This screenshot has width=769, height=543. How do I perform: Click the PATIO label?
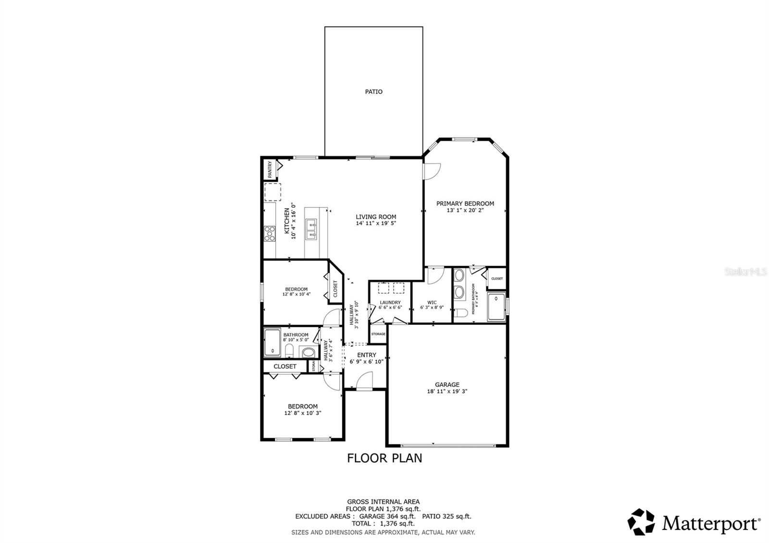373,91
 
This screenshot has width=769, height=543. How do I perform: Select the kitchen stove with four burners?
270,233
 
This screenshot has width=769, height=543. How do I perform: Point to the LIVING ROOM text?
376,217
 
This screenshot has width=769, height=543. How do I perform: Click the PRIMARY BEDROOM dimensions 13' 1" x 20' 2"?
465,210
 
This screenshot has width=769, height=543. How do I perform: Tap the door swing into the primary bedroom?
432,171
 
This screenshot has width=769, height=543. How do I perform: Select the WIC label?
432,303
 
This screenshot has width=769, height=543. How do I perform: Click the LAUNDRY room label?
390,303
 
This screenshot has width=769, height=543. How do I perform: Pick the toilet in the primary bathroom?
461,314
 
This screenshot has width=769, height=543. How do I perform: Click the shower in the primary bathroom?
496,307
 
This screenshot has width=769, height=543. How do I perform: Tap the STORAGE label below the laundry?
378,334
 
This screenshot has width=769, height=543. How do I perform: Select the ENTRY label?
367,355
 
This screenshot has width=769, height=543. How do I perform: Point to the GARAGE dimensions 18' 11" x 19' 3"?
447,391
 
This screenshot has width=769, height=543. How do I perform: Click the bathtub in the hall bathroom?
273,342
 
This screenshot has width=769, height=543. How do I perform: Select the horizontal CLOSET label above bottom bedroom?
285,366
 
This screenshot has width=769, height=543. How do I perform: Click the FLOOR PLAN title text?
384,458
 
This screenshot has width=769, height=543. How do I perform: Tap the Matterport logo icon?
642,521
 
